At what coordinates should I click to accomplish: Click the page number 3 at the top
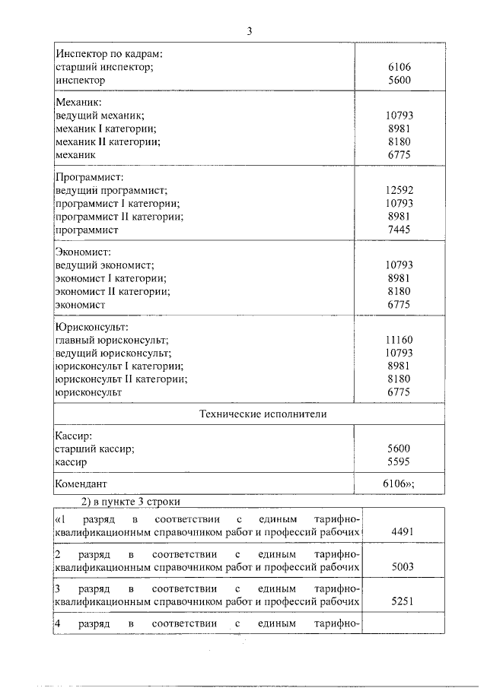point(249,31)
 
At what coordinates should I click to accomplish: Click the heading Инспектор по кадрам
point(110,55)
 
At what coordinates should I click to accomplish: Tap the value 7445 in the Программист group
point(399,230)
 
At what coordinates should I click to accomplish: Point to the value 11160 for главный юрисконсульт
point(399,341)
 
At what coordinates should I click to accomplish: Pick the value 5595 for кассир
point(399,461)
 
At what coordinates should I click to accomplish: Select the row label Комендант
point(81,484)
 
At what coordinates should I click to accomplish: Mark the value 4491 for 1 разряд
point(401,533)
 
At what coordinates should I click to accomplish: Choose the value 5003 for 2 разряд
point(401,567)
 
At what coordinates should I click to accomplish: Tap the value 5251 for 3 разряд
point(401,601)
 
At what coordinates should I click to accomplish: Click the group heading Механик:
point(79,101)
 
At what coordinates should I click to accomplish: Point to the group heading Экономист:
point(84,252)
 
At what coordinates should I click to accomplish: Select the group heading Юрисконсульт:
point(92,327)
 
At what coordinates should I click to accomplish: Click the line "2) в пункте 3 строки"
point(130,500)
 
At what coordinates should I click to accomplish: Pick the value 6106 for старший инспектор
point(399,67)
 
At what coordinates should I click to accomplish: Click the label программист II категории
point(119,217)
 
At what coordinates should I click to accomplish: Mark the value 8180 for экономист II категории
point(399,291)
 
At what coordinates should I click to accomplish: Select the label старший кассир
point(95,449)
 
